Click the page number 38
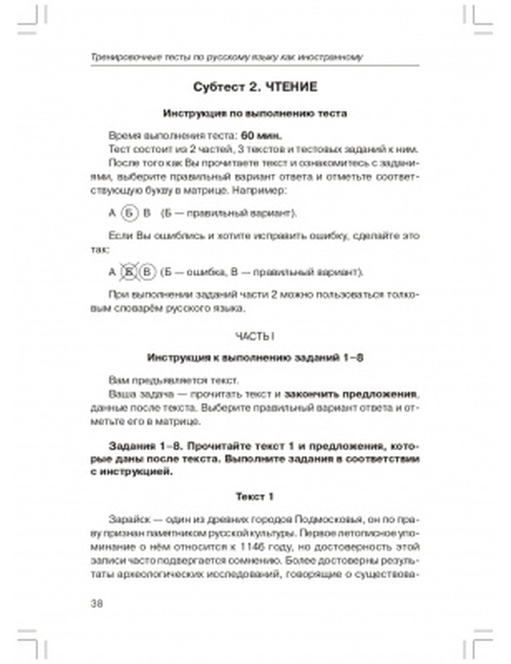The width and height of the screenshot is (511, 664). pos(97,603)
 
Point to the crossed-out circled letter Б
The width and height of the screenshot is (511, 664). pos(129,272)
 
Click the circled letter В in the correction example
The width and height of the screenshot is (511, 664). pos(147,272)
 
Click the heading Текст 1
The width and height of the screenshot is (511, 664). pos(254,496)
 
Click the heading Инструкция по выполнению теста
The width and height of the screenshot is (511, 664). pos(254,113)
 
